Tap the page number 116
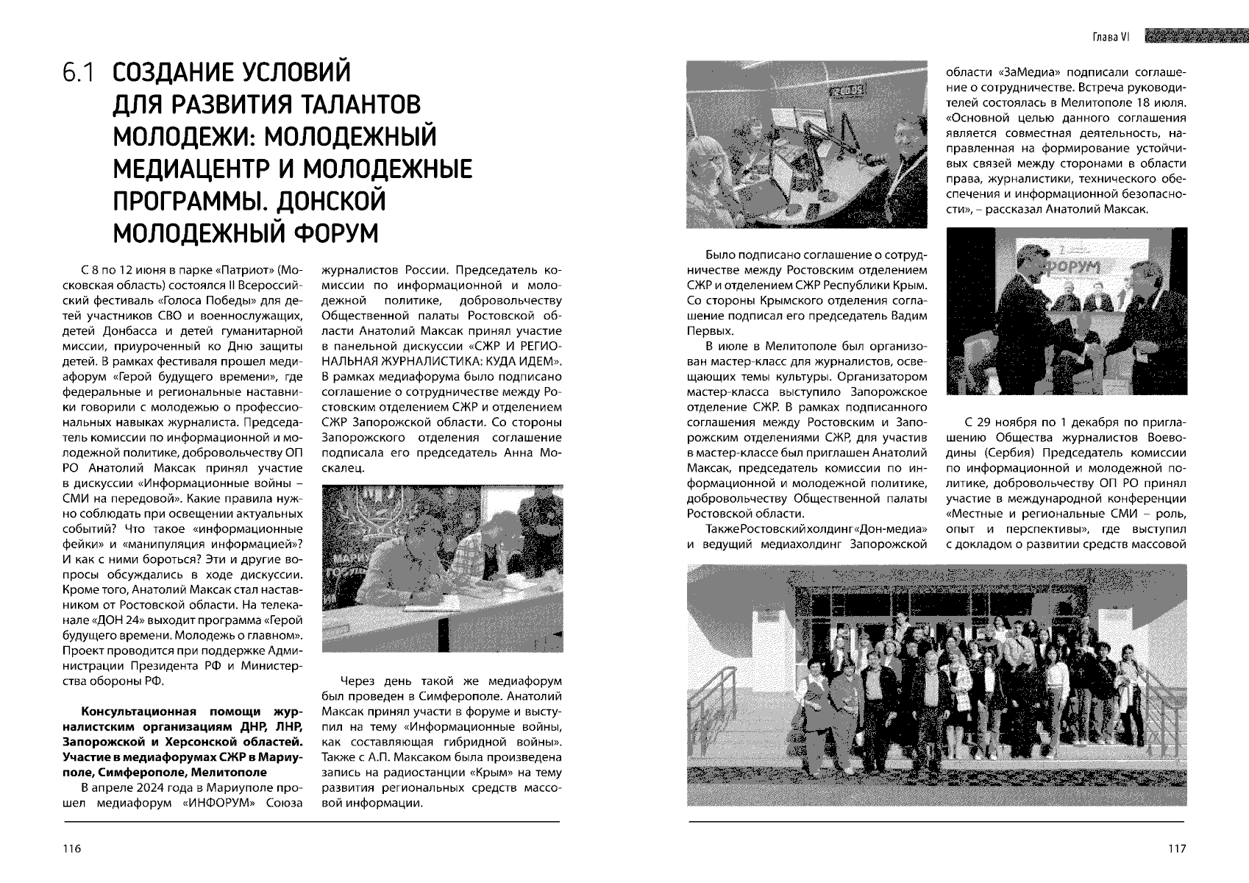pyautogui.click(x=71, y=848)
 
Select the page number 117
pyautogui.click(x=1177, y=848)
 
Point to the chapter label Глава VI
pyautogui.click(x=1111, y=37)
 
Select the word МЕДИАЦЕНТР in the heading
pyautogui.click(x=196, y=169)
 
